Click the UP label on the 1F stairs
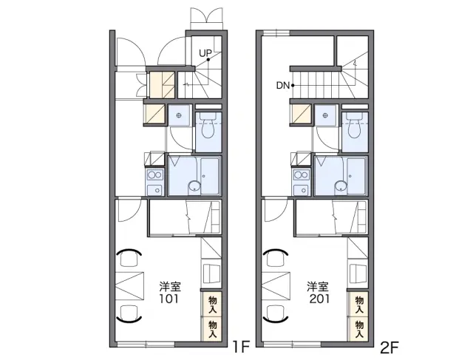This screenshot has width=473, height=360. [x=205, y=54]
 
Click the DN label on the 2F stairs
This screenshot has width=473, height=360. [x=283, y=86]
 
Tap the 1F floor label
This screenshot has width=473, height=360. [x=242, y=347]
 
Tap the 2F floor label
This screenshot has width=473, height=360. [x=389, y=347]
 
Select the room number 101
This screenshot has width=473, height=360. [x=169, y=299]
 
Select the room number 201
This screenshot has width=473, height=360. [x=319, y=299]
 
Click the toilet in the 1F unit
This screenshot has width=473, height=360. [x=208, y=125]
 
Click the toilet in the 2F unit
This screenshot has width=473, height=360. [x=355, y=125]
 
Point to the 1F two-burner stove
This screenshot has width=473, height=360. [x=155, y=175]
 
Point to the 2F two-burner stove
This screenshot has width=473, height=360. [x=302, y=175]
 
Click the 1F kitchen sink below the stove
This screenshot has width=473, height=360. [x=154, y=191]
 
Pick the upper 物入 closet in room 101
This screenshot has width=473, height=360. [x=212, y=304]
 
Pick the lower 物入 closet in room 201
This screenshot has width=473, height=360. [x=358, y=329]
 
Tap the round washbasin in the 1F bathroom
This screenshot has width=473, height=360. [x=194, y=186]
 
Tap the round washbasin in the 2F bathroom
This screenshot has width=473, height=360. [x=341, y=186]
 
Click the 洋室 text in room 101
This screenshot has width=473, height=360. [x=170, y=286]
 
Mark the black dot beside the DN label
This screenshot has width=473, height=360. [x=293, y=86]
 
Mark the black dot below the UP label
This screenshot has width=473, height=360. [x=208, y=60]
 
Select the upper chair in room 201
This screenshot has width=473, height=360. [x=275, y=257]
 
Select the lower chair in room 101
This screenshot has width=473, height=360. [x=129, y=314]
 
